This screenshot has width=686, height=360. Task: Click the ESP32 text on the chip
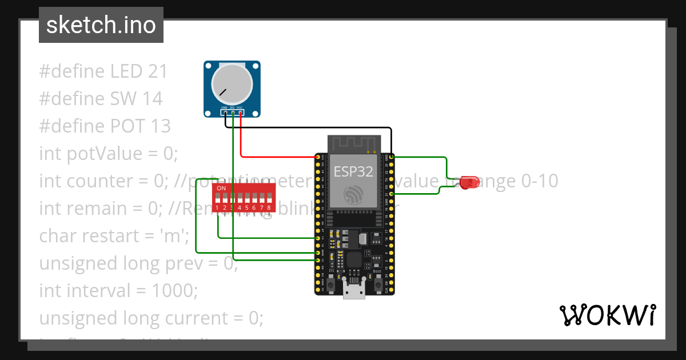(353, 171)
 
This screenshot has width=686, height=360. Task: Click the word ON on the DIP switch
(221, 188)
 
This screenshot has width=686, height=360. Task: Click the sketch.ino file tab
(101, 25)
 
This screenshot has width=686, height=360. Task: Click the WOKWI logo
(607, 315)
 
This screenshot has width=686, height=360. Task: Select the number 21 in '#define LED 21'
(157, 71)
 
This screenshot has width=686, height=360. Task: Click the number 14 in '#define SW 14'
(152, 99)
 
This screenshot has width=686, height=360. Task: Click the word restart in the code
(121, 236)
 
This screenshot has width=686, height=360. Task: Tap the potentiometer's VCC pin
(241, 113)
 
